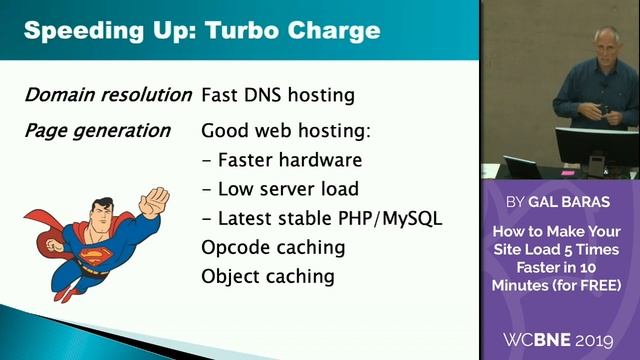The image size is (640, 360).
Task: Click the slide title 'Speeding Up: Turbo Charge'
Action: click(x=201, y=29)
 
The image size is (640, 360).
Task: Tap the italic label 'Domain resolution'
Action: click(x=107, y=96)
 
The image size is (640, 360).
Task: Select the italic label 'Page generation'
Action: click(x=97, y=131)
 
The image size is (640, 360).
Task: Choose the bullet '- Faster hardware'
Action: click(x=281, y=160)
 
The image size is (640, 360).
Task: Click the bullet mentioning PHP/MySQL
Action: click(x=321, y=218)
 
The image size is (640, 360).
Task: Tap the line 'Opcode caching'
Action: click(x=273, y=247)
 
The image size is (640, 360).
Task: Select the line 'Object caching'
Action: click(x=268, y=276)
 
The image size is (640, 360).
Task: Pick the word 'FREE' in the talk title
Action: click(x=596, y=286)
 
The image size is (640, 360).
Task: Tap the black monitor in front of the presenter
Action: click(x=596, y=148)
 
